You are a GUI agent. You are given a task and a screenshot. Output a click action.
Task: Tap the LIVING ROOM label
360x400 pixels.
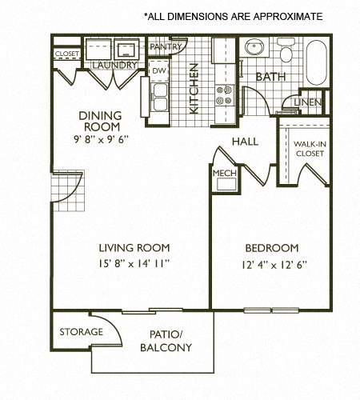[134, 247]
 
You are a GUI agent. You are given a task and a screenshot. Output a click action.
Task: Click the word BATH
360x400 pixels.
[270, 77]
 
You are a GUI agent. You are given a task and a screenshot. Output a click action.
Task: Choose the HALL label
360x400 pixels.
[244, 141]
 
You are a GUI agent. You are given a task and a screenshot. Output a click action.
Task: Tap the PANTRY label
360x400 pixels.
[166, 47]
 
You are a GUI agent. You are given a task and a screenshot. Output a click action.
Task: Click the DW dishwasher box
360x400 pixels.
[158, 70]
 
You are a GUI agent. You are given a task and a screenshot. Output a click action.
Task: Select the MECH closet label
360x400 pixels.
[222, 172]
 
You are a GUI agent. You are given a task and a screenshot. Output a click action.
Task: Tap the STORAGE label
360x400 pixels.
[81, 331]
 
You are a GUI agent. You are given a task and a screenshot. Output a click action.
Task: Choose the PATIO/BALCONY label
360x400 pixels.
[166, 341]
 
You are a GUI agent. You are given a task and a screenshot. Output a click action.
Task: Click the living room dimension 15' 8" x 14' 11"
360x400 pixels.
[134, 262]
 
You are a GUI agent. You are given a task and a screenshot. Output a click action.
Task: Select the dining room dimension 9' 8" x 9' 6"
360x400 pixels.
[100, 138]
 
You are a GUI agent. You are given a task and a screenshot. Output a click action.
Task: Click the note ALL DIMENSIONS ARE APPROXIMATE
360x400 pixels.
[233, 16]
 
